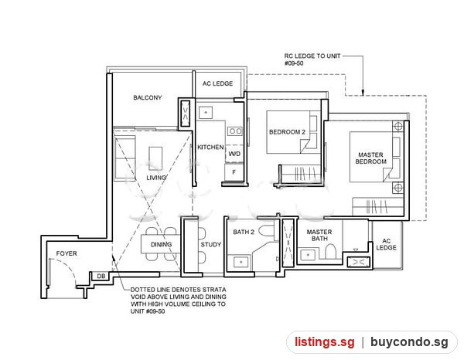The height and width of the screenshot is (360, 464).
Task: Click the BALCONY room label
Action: pos(148,97)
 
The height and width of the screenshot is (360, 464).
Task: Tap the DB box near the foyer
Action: pos(101,276)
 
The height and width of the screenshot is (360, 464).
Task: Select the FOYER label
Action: pos(67,253)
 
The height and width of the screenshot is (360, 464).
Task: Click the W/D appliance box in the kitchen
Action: pos(234,154)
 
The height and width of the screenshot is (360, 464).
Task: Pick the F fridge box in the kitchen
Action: pos(234,172)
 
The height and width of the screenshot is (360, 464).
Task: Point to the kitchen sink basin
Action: pos(206,113)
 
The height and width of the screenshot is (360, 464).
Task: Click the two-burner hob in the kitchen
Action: pos(235,131)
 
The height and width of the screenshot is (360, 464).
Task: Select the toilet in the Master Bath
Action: pos(330,252)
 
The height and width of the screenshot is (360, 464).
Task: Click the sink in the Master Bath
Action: pos(308,255)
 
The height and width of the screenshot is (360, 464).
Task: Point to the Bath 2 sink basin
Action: pos(241,263)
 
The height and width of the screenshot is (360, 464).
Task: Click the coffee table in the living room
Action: pos(155,158)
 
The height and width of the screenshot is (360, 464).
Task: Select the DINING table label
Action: pos(162,244)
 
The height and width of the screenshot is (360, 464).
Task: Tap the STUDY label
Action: pos(211,244)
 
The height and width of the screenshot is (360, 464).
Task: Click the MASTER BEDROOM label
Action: pos(370,158)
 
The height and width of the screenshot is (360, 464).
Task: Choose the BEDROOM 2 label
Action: pos(287,132)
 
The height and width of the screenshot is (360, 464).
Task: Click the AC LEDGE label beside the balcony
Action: pos(217,83)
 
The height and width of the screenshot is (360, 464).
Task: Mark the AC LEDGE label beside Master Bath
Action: pos(386,244)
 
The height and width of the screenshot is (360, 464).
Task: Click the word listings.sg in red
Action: pos(325,342)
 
